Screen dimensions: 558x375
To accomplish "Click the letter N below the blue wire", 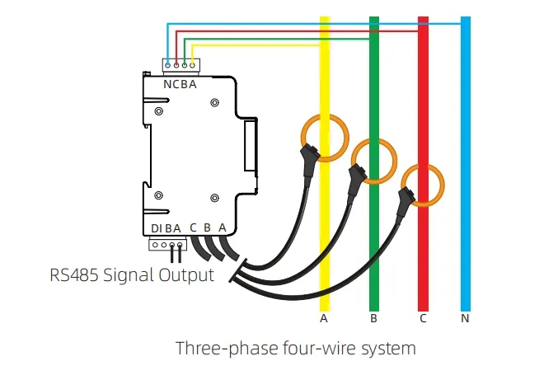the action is pos(465,318).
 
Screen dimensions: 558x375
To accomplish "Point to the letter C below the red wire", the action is pos(423,318).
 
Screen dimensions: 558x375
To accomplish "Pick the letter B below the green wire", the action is pos(373,318).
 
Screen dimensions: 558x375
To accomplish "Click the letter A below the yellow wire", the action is pos(323,318).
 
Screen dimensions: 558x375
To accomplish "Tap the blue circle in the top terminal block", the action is pos(167,65).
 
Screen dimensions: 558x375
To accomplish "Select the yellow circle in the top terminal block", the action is pos(193,65).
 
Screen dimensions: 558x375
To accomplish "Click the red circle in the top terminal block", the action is pos(176,65).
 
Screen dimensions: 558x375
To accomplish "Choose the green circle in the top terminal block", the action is pos(185,65).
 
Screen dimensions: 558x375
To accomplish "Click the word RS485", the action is pos(74,275).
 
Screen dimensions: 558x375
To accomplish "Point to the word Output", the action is pos(186,276).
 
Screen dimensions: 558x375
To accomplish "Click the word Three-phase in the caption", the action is pos(227,349).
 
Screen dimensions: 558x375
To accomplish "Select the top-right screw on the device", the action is pos(214,103).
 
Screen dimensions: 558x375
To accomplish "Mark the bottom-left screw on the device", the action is pos(159,195).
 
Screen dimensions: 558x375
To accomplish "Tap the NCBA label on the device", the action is pos(180,85).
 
